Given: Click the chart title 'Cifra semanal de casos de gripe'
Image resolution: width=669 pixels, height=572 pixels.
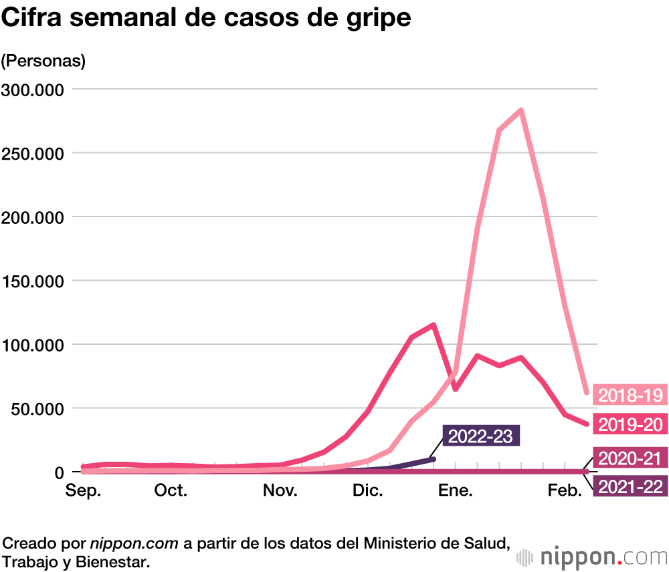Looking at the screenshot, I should tap(206, 19).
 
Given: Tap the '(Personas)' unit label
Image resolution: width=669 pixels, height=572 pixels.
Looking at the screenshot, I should tap(43, 61).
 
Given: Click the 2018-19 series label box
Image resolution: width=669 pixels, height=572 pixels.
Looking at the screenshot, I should tap(630, 395).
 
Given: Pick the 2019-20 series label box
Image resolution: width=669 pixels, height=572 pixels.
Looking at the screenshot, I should tap(630, 424).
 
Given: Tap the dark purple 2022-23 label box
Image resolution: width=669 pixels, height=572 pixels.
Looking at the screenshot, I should tap(481, 436).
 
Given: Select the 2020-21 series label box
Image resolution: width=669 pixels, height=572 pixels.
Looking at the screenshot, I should tap(630, 458).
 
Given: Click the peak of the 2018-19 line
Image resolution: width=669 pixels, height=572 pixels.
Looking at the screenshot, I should tap(520, 110).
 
